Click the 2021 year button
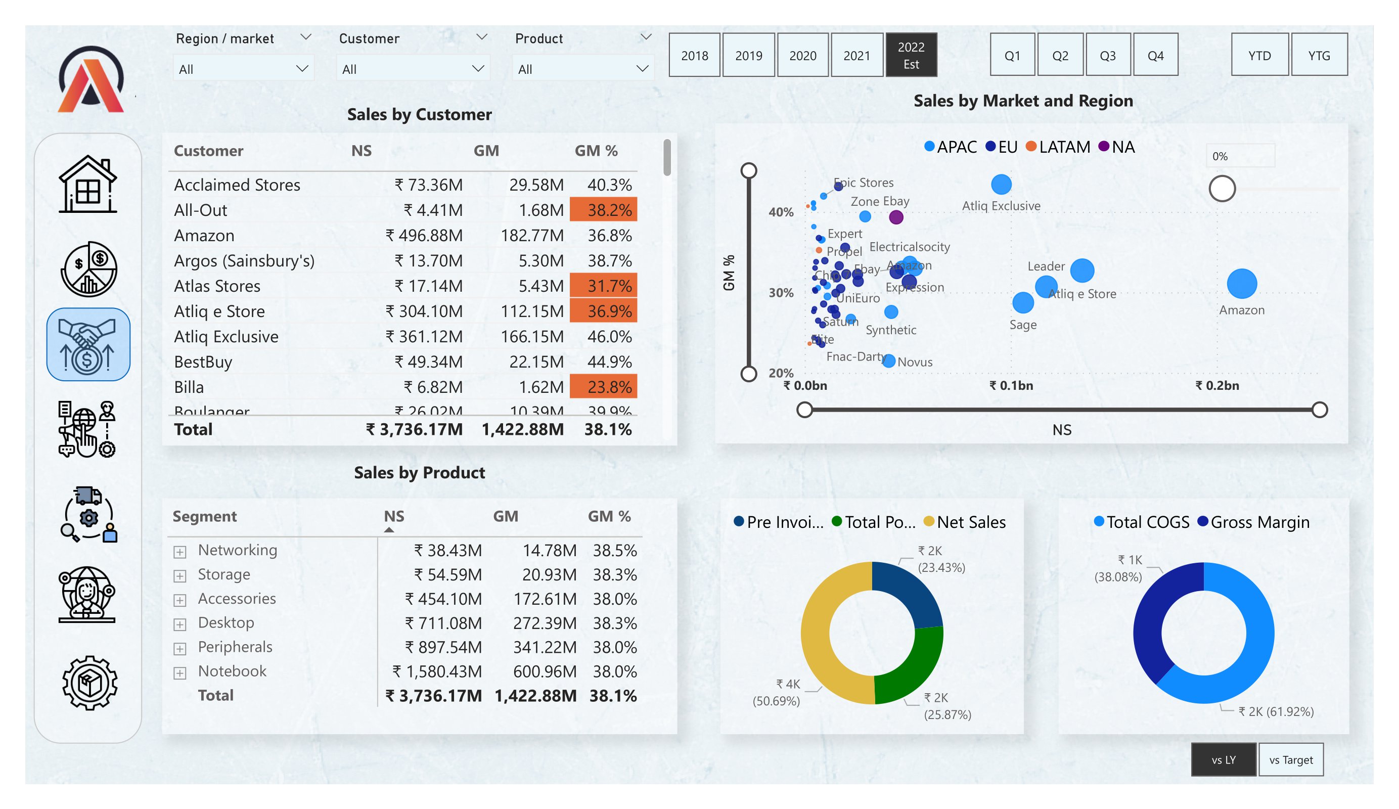pyautogui.click(x=856, y=55)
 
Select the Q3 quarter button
pyautogui.click(x=1108, y=55)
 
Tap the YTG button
pyautogui.click(x=1319, y=55)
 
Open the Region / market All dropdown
pyautogui.click(x=243, y=69)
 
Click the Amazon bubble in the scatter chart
pyautogui.click(x=1241, y=284)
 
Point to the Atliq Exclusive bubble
pyautogui.click(x=1001, y=185)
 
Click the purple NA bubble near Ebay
pyautogui.click(x=896, y=217)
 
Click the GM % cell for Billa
pyautogui.click(x=604, y=387)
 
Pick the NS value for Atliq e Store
pyautogui.click(x=425, y=311)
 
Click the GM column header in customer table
pyautogui.click(x=486, y=151)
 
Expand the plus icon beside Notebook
pyautogui.click(x=179, y=673)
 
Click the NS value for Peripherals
pyautogui.click(x=443, y=647)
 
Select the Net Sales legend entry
pyautogui.click(x=965, y=522)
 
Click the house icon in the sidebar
pyautogui.click(x=87, y=185)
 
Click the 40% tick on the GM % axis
pyautogui.click(x=781, y=212)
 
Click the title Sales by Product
pyautogui.click(x=419, y=473)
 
